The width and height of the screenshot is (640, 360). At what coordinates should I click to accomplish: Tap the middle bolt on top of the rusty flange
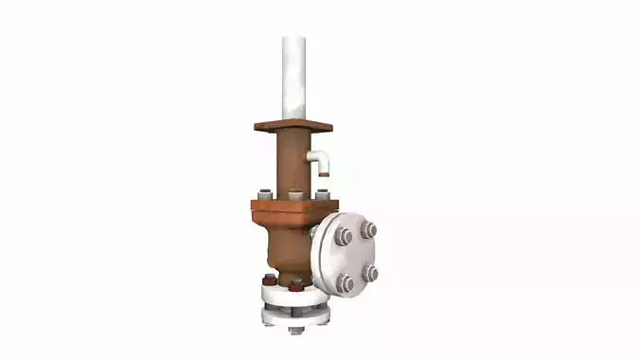pos(296,196)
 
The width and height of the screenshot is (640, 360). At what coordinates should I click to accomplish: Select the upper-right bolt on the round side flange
pos(368,228)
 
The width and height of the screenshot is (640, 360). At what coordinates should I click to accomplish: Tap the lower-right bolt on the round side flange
pos(371,273)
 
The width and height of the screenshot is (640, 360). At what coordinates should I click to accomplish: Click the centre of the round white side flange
pos(357,254)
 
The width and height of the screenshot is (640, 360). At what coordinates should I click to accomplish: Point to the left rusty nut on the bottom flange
pos(270,280)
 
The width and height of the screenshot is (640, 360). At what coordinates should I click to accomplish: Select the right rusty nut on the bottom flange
pos(296,283)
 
